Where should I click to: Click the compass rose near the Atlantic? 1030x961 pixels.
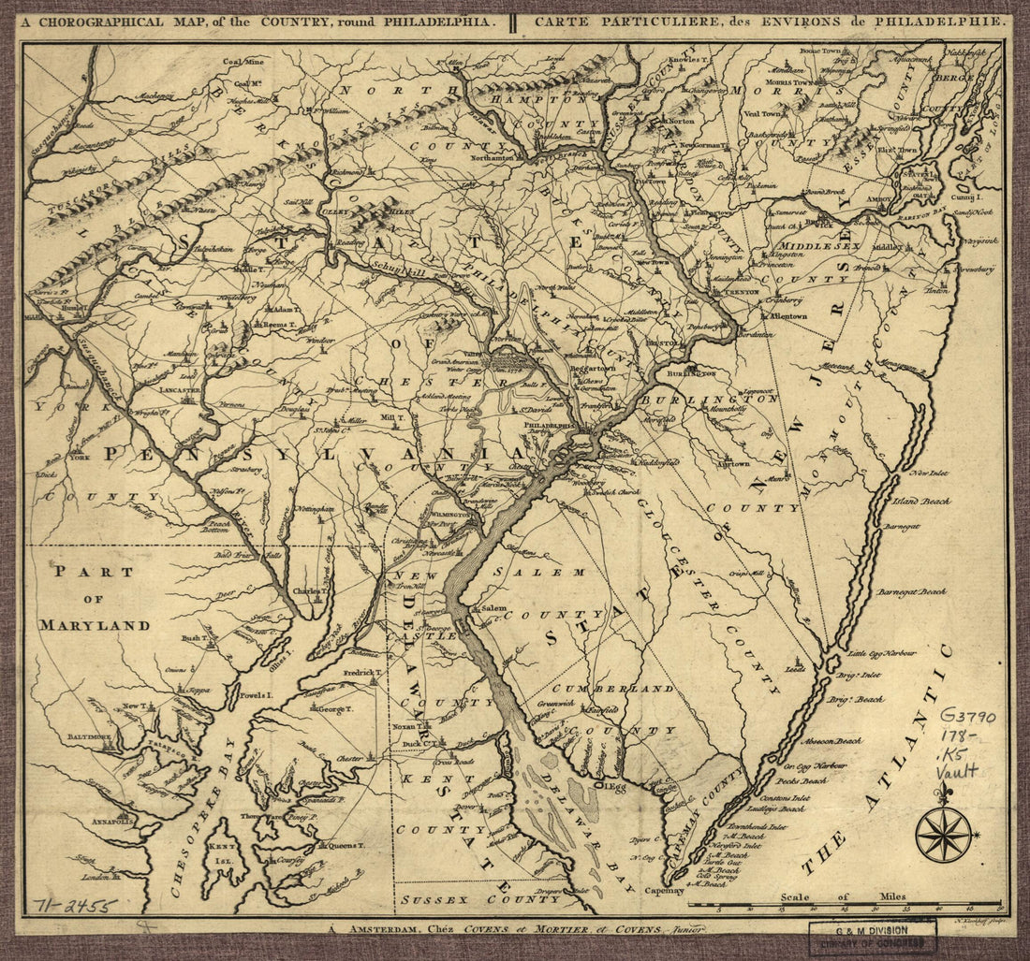click(942, 833)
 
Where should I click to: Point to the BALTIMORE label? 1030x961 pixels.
click(89, 737)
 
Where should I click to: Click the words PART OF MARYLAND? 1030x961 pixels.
click(94, 599)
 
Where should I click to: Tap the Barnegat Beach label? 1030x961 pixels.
click(911, 591)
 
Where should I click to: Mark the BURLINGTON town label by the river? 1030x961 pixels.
click(691, 372)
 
